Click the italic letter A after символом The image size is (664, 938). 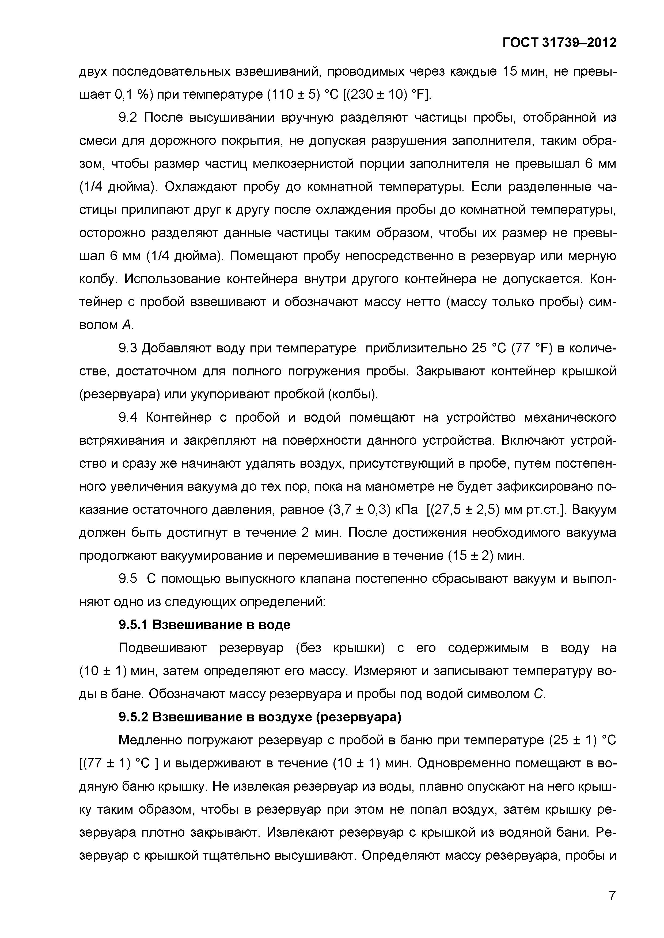(127, 325)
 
